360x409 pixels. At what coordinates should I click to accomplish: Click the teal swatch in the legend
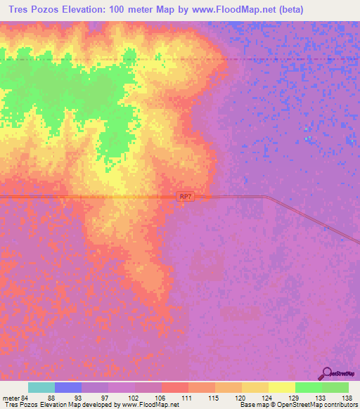41,387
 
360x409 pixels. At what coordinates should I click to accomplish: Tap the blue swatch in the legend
67,387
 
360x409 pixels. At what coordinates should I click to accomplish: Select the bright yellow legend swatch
281,387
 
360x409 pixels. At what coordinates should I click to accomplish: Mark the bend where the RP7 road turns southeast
266,197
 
